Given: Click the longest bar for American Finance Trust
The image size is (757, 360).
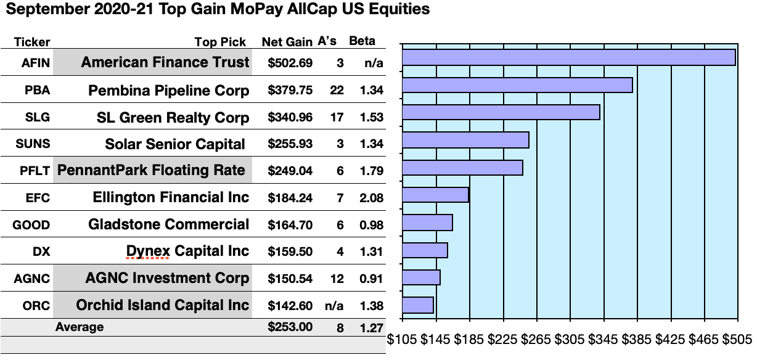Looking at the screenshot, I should click(568, 57).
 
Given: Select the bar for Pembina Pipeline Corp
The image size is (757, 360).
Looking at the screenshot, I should click(517, 85).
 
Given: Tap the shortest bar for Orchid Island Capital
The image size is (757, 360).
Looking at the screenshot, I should click(417, 305).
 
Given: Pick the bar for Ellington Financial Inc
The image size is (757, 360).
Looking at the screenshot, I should click(435, 195).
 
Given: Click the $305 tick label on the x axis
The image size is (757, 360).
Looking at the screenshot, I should click(570, 339).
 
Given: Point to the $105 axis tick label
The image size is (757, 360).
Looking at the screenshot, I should click(402, 339).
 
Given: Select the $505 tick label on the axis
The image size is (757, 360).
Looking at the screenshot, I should click(737, 339).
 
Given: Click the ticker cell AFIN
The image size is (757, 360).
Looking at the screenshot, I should click(32, 63).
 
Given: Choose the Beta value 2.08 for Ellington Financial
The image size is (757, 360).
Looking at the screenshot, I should click(372, 198).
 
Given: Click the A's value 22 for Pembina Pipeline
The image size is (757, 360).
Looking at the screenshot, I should click(337, 90).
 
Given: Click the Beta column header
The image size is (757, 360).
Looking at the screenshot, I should click(362, 41).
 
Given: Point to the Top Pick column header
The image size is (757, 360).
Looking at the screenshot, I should click(220, 43).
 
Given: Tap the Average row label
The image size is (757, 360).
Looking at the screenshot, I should click(80, 327).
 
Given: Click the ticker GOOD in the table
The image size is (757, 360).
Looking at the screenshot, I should click(31, 225).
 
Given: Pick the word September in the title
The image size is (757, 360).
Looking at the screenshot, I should click(44, 10).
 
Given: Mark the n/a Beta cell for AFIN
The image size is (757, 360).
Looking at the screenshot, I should click(374, 63).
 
